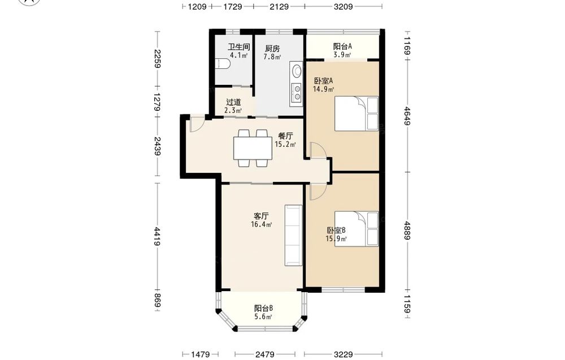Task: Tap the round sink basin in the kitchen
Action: coord(297,71)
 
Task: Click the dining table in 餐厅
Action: coord(253,148)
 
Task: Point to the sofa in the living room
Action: coord(293,235)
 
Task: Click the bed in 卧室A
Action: coord(357,114)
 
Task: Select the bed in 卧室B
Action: coord(357,229)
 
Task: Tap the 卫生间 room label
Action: coord(239,47)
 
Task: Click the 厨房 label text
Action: coord(272,48)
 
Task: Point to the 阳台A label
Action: coord(342,46)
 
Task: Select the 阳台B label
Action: coord(263,309)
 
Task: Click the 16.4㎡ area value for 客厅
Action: coord(262,224)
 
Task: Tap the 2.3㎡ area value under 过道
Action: coord(233,111)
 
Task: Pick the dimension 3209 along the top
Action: coord(343,6)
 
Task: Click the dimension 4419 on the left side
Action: coord(157,236)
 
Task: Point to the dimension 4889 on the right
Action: coord(407,231)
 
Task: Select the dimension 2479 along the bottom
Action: coord(265,354)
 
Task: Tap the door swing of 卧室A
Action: coord(318,150)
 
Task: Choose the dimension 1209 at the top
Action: coord(197,6)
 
